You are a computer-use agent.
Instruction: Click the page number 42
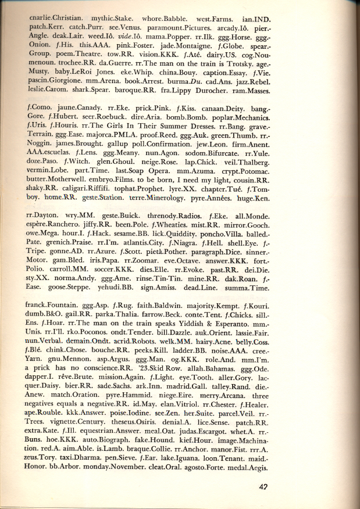pyautogui.click(x=328, y=488)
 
